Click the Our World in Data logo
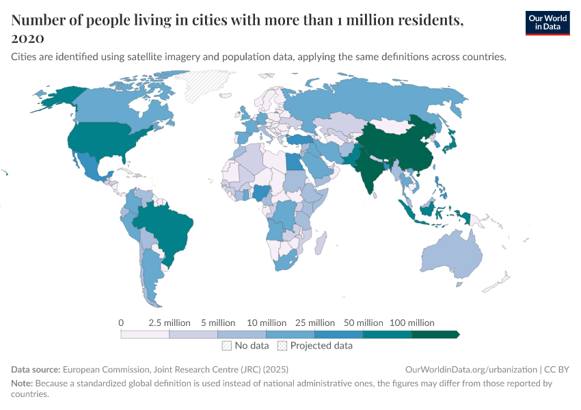coord(547,23)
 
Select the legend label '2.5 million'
coord(169,323)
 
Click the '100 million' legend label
coord(411,323)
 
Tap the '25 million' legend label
coord(314,323)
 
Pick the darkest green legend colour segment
coord(435,334)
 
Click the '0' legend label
coord(121,323)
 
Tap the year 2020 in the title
coord(28,38)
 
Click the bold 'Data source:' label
coord(36,369)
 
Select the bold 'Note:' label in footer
coord(23,383)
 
